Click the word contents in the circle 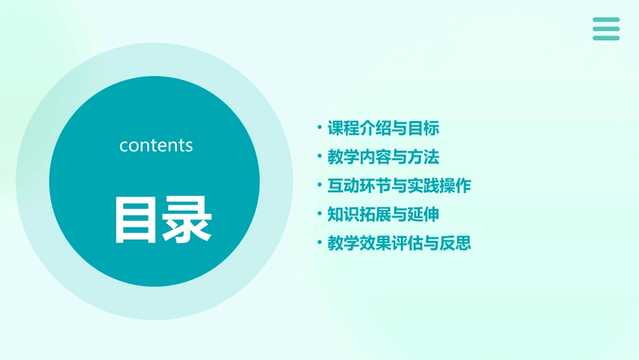(156, 145)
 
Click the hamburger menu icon (606, 29)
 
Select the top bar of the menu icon (606, 20)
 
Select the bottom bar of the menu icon (606, 38)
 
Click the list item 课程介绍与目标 (383, 128)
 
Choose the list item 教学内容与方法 (383, 157)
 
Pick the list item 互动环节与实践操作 (399, 186)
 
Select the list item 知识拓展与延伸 (383, 215)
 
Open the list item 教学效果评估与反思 (399, 243)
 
